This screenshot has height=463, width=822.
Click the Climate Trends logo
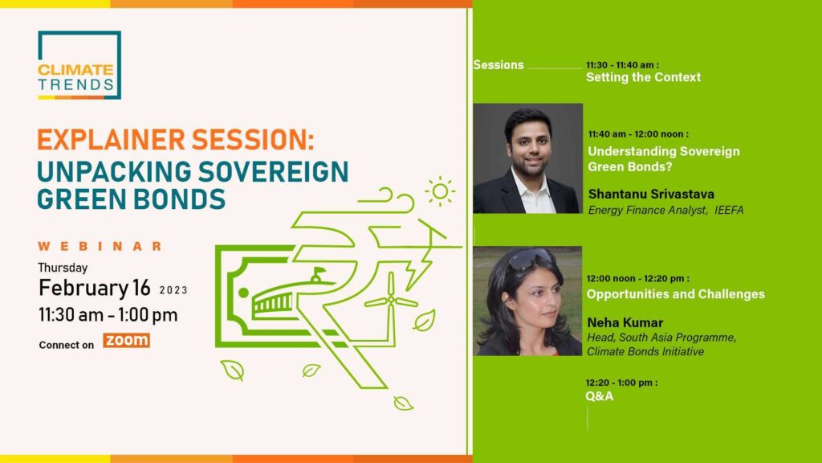point(79,65)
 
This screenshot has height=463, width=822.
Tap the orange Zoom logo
point(127,341)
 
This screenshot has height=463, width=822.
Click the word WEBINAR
point(100,246)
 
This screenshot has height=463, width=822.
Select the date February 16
point(95,287)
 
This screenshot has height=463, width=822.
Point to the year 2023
point(173,289)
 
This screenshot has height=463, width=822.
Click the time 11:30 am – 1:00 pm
point(108,314)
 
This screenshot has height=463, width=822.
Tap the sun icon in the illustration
point(439,191)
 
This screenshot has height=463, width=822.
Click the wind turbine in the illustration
point(391,302)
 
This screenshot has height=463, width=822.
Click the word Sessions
point(498,65)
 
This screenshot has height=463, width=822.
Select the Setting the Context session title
point(643,77)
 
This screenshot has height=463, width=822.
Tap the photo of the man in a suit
point(527,158)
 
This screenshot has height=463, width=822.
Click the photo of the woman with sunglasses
point(527,301)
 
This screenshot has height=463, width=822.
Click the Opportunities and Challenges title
point(675,294)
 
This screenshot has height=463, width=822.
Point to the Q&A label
point(600,395)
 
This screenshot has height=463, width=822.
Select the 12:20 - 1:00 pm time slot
point(621,383)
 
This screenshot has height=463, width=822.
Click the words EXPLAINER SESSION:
point(175,140)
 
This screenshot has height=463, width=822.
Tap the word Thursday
point(63,268)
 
